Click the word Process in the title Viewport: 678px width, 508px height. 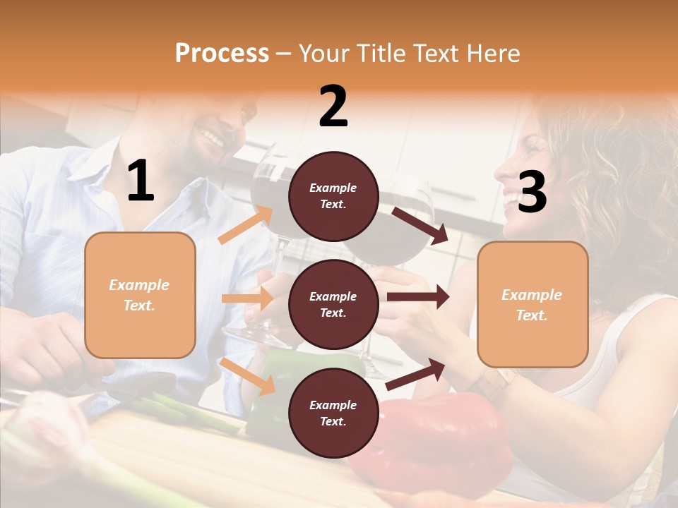point(222,54)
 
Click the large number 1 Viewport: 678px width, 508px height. point(141,181)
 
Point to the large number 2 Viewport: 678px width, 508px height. point(333,107)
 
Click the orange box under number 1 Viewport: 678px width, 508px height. point(140,295)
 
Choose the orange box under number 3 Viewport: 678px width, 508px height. point(533,304)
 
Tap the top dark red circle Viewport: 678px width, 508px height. point(333,196)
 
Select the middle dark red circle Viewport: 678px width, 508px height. point(333,304)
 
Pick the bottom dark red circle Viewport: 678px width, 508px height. point(333,413)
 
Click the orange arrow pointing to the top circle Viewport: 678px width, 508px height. point(246,224)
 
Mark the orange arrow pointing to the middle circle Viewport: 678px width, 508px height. point(247,298)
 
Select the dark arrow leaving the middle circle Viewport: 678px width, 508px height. point(418,297)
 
